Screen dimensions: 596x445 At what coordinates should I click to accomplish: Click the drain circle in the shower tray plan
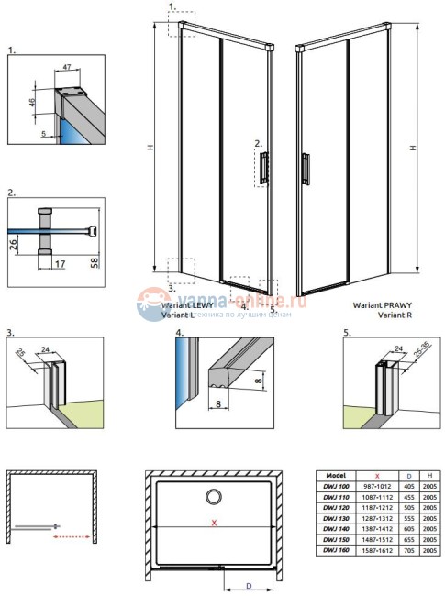click(213, 497)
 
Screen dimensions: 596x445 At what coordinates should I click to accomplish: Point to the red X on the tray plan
click(214, 524)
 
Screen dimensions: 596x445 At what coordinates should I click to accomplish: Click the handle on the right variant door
click(306, 171)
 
